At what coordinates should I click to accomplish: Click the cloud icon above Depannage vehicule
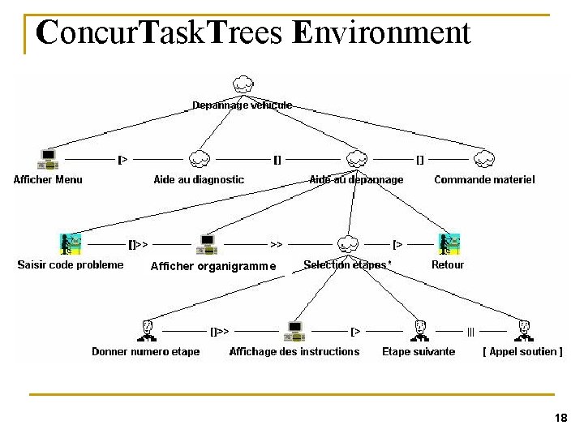(x=243, y=84)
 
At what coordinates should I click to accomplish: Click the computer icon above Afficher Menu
(x=48, y=159)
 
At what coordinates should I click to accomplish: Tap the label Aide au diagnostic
(x=199, y=179)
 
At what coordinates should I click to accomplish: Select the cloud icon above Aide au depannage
(x=355, y=159)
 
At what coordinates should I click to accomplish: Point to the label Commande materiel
(x=484, y=179)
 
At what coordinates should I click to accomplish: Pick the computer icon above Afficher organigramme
(x=208, y=243)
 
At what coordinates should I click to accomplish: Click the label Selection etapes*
(x=347, y=264)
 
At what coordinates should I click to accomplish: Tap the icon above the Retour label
(x=449, y=243)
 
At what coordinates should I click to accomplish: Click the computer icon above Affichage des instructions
(x=294, y=330)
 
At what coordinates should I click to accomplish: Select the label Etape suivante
(x=419, y=351)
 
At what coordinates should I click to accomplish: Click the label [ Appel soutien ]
(x=522, y=351)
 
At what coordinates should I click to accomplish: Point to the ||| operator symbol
(x=470, y=331)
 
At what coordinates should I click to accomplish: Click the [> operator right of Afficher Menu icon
(x=122, y=160)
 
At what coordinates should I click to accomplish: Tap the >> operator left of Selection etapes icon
(x=277, y=243)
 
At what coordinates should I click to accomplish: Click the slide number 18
(x=560, y=419)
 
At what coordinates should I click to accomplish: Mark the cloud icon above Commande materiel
(x=485, y=159)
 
